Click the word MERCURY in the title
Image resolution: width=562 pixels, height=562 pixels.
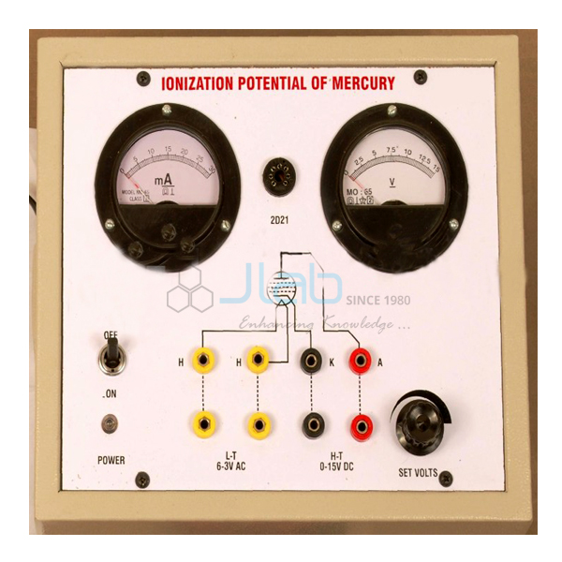[x=360, y=84]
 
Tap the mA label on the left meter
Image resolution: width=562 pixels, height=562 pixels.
[x=161, y=178]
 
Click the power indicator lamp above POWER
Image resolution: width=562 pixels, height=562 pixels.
[x=111, y=424]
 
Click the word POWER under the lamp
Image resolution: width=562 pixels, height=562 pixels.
[x=111, y=460]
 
